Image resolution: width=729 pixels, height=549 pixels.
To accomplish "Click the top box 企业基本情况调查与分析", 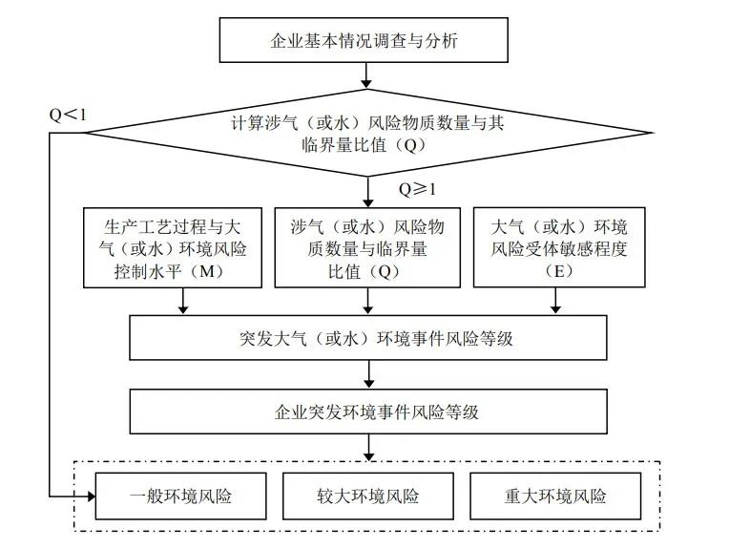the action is click(x=364, y=40).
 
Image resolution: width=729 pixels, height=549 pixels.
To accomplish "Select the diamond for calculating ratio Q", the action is click(x=367, y=133).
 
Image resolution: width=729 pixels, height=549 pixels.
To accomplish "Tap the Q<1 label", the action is click(x=68, y=115).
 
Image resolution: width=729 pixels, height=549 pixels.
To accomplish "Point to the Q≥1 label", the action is click(x=418, y=189).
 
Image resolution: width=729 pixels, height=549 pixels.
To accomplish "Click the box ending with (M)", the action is click(x=173, y=247).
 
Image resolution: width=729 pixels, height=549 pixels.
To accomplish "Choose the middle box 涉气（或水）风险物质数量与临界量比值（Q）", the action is click(x=367, y=247).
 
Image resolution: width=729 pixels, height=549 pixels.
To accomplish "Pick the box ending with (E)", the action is click(x=559, y=247).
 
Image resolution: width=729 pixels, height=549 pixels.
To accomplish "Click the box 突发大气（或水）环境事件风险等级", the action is click(x=368, y=338).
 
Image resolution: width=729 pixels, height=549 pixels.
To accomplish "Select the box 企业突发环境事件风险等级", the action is click(x=368, y=412).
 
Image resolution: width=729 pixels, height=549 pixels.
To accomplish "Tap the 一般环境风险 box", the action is click(x=181, y=496).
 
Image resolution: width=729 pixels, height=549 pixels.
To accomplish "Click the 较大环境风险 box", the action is click(x=368, y=496).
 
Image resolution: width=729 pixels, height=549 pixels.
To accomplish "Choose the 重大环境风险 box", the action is click(x=555, y=496).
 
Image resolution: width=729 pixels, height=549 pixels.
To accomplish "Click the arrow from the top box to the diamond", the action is click(x=366, y=75).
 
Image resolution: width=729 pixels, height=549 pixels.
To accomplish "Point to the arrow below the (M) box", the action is click(x=183, y=301).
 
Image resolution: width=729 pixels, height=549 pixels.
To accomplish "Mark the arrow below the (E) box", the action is click(x=555, y=301).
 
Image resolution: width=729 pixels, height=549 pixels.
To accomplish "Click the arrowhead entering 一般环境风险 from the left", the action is click(x=91, y=496).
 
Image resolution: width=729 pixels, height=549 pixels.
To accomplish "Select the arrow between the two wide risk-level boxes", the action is click(x=368, y=374).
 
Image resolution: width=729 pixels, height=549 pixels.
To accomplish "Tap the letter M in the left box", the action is click(x=206, y=271).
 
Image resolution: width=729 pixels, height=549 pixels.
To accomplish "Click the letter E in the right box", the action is click(x=559, y=271).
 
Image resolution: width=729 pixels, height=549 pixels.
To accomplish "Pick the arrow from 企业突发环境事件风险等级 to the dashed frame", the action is click(x=368, y=448).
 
